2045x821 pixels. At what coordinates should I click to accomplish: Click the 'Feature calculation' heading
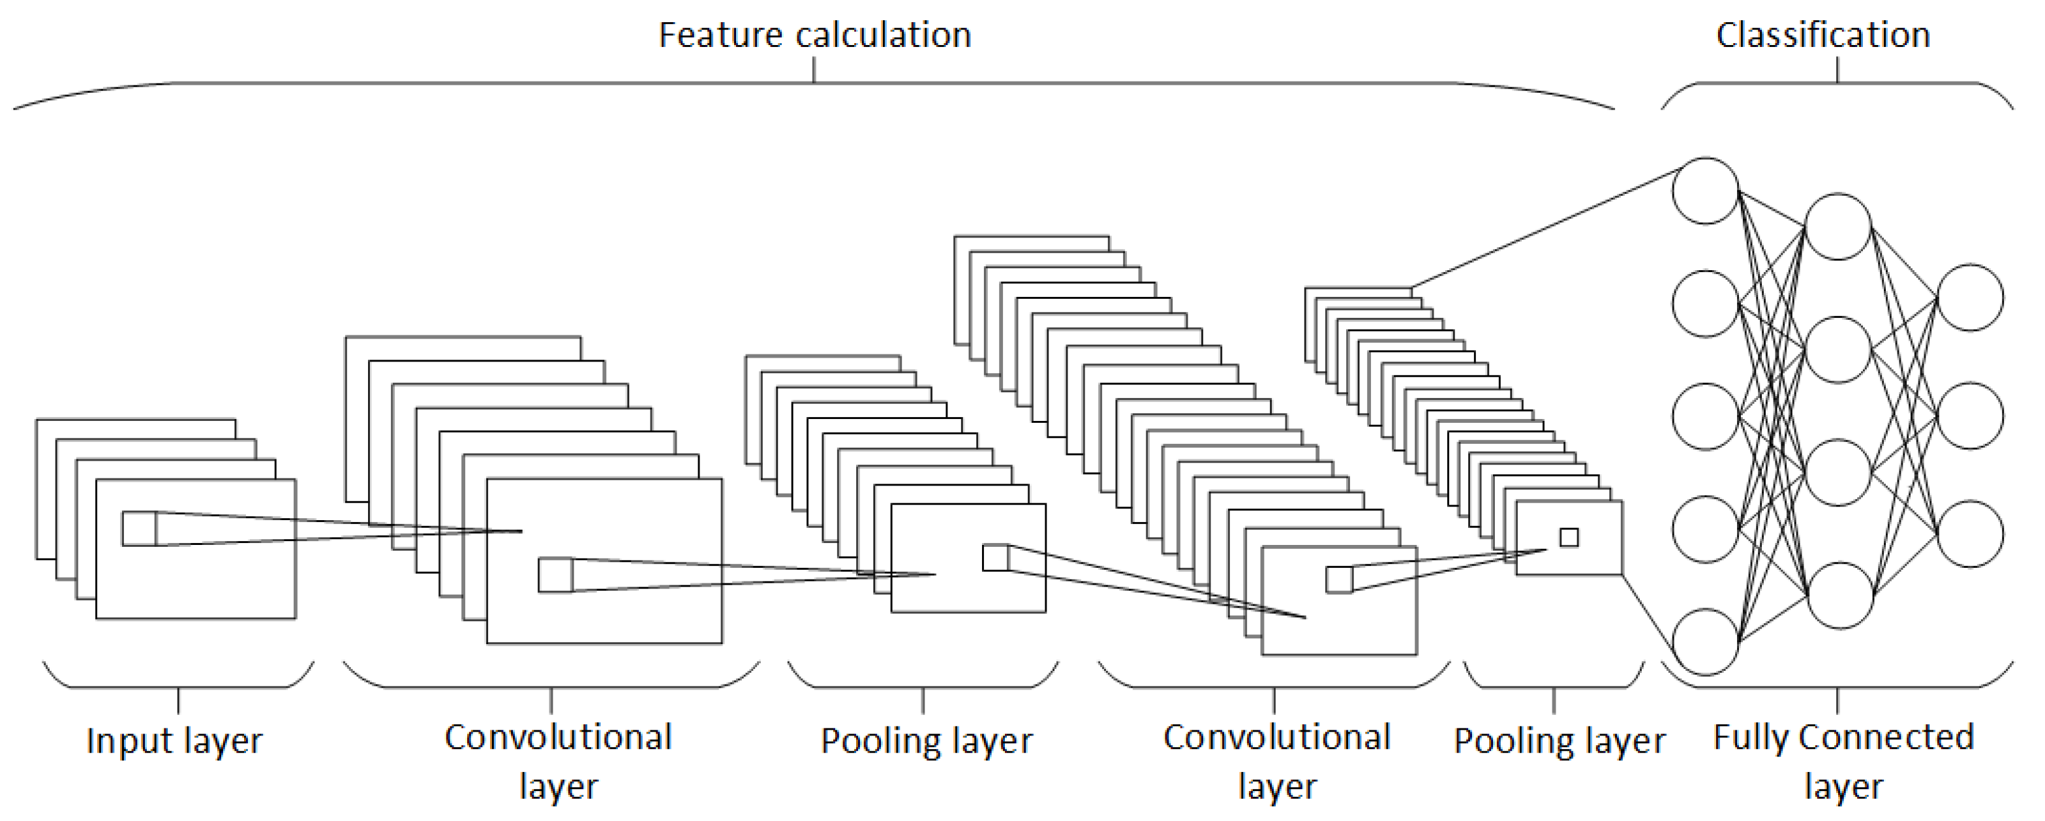pyautogui.click(x=814, y=36)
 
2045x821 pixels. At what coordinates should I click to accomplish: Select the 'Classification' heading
pyautogui.click(x=1822, y=36)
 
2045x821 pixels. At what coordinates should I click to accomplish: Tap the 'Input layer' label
pyautogui.click(x=174, y=740)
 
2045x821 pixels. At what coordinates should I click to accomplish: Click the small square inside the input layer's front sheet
pyautogui.click(x=139, y=529)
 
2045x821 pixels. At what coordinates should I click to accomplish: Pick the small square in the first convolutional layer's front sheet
pyautogui.click(x=555, y=575)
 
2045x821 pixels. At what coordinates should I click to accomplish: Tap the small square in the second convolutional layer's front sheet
pyautogui.click(x=1338, y=580)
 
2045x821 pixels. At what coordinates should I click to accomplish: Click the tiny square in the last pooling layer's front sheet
pyautogui.click(x=1569, y=538)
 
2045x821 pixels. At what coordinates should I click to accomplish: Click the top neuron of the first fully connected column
pyautogui.click(x=1705, y=191)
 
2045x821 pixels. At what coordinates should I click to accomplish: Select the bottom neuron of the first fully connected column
pyautogui.click(x=1705, y=642)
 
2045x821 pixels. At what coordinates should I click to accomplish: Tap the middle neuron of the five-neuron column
pyautogui.click(x=1705, y=416)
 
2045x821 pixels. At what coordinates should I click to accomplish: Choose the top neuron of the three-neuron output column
pyautogui.click(x=1971, y=297)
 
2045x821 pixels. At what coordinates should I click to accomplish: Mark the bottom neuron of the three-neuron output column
pyautogui.click(x=1971, y=534)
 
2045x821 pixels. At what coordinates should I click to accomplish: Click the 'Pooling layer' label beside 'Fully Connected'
pyautogui.click(x=1559, y=740)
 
